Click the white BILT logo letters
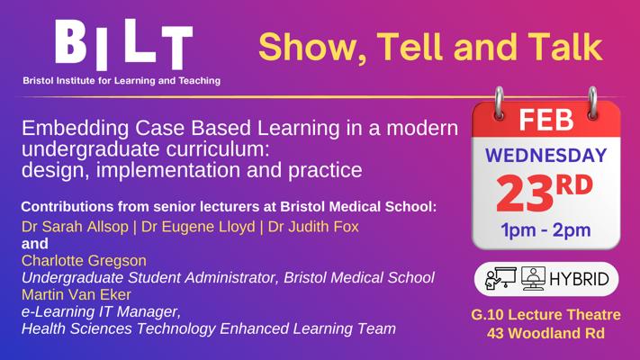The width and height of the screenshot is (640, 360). (x=123, y=44)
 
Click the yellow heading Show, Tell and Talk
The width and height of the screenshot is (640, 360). (x=430, y=47)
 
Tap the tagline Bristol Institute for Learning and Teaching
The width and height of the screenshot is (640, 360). (x=122, y=80)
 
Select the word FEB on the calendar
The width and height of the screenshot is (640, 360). (x=546, y=120)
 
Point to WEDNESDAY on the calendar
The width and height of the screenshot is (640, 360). (x=546, y=156)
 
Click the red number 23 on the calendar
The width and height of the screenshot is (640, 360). (x=525, y=193)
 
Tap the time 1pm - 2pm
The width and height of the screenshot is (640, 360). (x=545, y=230)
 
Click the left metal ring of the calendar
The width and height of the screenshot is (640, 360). (x=499, y=103)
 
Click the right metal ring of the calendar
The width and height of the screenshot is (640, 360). (x=592, y=103)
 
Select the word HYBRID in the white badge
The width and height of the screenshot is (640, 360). (x=579, y=279)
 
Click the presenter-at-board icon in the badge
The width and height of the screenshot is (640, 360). (x=500, y=278)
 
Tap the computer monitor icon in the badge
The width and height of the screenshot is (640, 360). (x=533, y=278)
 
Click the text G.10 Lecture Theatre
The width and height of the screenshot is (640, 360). (x=545, y=315)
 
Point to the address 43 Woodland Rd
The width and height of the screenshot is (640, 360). (x=545, y=333)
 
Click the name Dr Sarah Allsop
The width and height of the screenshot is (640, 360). (x=75, y=227)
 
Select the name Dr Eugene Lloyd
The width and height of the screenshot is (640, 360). (x=198, y=227)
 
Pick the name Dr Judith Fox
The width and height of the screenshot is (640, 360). (x=313, y=227)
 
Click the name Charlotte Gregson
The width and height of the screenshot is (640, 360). (x=84, y=260)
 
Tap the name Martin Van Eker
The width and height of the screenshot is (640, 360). (x=77, y=294)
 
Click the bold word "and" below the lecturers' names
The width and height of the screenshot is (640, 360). (x=35, y=244)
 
